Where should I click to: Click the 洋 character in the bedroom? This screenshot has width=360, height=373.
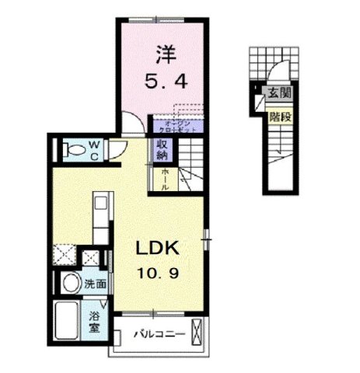click(163, 55)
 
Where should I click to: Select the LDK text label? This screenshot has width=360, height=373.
click(159, 249)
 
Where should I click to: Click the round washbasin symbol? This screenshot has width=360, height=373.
click(71, 282)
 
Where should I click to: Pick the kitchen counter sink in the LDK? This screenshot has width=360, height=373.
click(99, 207)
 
